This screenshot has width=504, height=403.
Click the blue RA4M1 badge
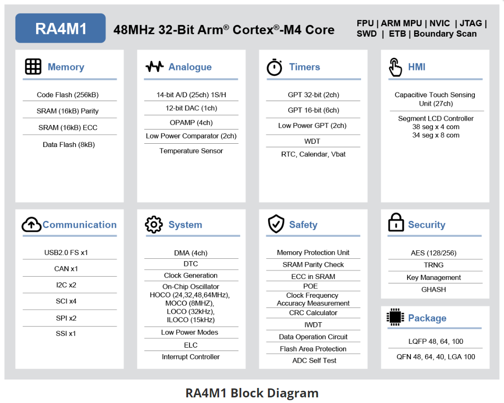tap(61, 28)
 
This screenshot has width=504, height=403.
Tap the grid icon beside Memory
tap(33, 67)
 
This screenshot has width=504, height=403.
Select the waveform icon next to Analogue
tap(154, 67)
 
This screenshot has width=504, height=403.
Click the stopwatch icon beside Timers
tap(274, 67)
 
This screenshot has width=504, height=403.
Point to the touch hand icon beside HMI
tap(395, 67)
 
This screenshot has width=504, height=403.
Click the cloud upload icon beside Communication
tap(31, 225)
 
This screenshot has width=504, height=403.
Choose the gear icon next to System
tap(154, 225)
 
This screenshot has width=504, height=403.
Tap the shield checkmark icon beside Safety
tap(276, 225)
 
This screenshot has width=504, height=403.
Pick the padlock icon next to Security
tap(396, 223)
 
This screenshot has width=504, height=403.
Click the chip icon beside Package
tap(395, 318)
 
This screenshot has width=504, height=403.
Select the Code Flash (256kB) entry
tap(68, 95)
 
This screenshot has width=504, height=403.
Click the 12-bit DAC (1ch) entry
tap(191, 108)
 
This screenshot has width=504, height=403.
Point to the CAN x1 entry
tap(66, 269)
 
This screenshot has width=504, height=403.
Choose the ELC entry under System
tap(191, 345)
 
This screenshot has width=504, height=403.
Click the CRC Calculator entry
tap(313, 313)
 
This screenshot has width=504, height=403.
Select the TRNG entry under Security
tap(433, 265)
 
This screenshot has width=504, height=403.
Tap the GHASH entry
tap(433, 289)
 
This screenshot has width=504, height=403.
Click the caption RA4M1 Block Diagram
tap(252, 393)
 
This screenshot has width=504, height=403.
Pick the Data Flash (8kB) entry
tap(69, 145)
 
